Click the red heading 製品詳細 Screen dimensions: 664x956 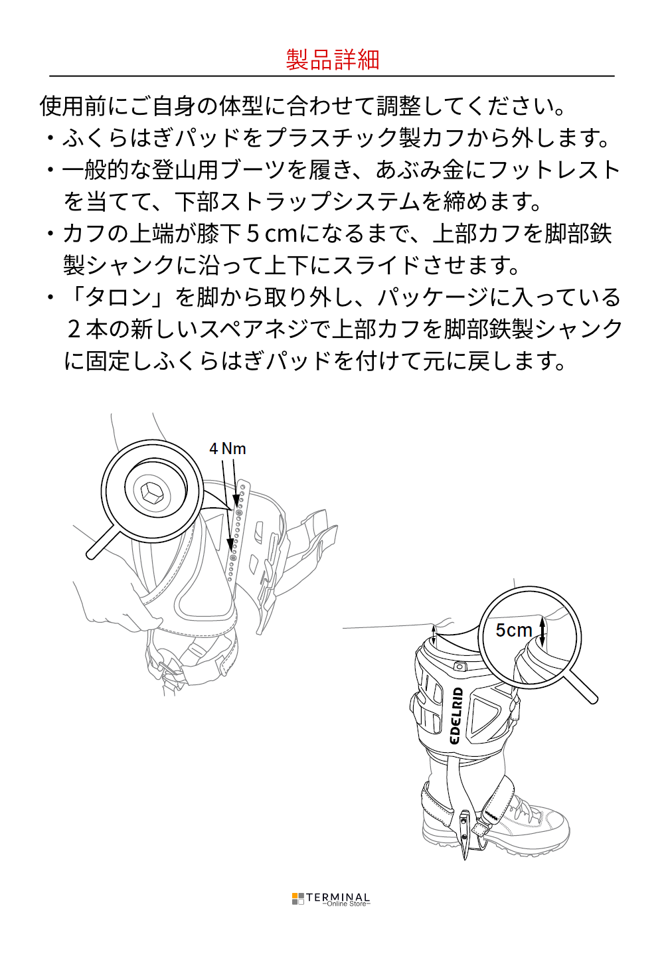333,59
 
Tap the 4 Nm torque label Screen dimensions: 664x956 228,449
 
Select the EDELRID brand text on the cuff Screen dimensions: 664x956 457,716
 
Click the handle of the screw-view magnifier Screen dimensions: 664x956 102,542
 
